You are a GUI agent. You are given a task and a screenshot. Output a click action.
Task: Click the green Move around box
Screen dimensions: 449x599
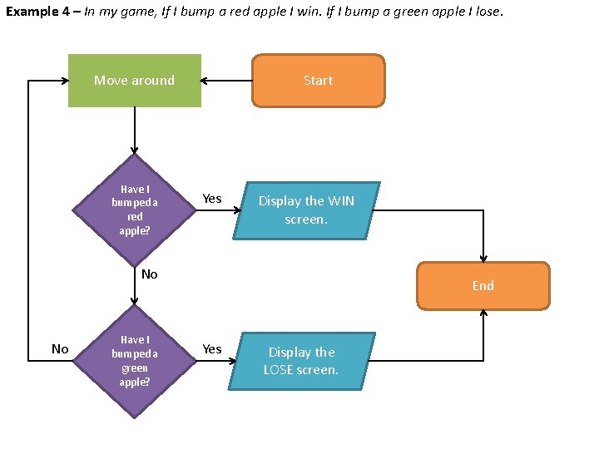(134, 81)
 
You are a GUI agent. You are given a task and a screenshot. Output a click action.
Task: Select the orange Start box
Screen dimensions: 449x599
(318, 81)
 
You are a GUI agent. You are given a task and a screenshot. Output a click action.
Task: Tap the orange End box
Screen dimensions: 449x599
(483, 285)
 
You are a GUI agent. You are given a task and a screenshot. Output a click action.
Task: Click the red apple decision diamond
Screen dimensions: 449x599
(134, 209)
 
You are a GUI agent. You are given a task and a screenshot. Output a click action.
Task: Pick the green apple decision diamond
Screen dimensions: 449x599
(134, 361)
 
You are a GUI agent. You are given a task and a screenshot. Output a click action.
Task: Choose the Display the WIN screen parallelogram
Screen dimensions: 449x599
(306, 210)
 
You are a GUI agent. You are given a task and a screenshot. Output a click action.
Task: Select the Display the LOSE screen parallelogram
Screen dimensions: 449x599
(301, 361)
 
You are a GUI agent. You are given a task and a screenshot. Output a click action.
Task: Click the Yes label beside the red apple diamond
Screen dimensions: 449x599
(212, 198)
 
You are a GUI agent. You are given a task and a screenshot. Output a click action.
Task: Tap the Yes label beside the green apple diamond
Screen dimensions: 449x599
(212, 349)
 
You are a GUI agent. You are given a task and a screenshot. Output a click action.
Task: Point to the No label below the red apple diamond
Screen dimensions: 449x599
(150, 274)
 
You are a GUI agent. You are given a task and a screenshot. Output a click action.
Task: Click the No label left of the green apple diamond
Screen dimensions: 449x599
(60, 349)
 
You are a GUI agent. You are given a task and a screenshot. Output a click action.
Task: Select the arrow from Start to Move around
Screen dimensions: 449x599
(226, 81)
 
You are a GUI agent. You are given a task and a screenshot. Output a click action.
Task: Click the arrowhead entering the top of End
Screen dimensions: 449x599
(483, 258)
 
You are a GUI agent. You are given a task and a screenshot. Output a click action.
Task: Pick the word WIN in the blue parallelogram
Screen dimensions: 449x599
(341, 201)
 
